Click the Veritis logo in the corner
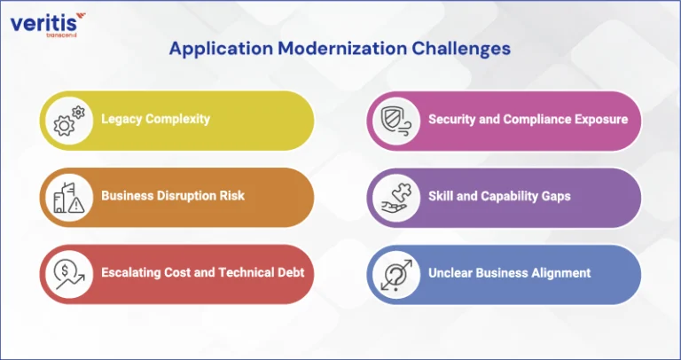pos(47,25)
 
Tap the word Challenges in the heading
pos(461,48)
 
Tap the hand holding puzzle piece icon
pos(395,198)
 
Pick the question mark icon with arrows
pos(395,275)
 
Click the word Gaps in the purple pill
pos(556,196)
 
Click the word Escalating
pos(131,272)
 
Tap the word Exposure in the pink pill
pos(602,120)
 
